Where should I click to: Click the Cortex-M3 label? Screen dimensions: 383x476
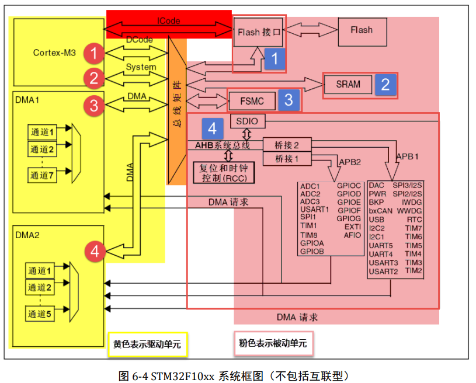54,53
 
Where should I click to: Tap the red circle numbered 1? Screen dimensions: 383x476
93,54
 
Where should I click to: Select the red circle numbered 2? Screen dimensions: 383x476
93,78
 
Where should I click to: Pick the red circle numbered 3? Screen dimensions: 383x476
93,106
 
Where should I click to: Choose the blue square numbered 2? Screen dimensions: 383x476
385,85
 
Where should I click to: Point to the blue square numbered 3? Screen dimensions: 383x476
289,100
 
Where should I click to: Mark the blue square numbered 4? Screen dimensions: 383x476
213,127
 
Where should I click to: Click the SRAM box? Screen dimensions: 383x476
348,84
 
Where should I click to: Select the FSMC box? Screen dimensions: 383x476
252,101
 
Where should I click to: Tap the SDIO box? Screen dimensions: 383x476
248,121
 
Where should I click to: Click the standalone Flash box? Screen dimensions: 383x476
362,30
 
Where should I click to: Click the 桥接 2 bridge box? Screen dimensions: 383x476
287,144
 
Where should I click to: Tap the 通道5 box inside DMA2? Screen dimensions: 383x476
40,314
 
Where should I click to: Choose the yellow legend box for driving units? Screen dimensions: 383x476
147,344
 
